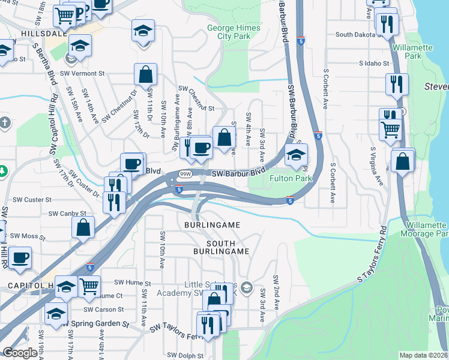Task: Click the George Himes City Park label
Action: click(x=234, y=32)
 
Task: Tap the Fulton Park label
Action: click(x=291, y=178)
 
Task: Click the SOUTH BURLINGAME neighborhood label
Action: click(x=219, y=247)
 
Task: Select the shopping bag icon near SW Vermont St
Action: click(x=146, y=76)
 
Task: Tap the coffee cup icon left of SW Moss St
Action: click(x=20, y=258)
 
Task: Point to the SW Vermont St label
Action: click(x=84, y=74)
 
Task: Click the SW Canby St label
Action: click(x=67, y=213)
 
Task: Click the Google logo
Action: click(x=19, y=353)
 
